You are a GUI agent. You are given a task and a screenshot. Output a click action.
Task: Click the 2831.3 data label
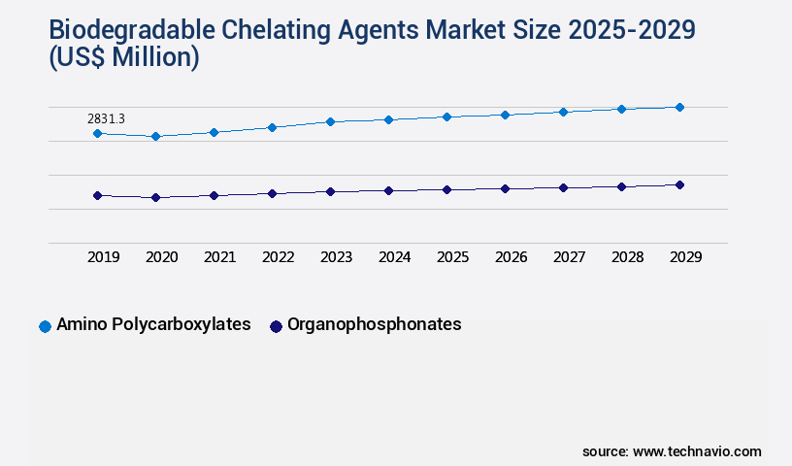(x=106, y=118)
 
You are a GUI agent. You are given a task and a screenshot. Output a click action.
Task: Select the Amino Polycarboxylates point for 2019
(x=97, y=133)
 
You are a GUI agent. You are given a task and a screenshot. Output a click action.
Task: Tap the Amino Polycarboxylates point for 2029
(x=679, y=107)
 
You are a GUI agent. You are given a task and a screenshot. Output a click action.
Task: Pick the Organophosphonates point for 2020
(x=155, y=197)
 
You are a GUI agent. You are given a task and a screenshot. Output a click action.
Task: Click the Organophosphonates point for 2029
(x=679, y=184)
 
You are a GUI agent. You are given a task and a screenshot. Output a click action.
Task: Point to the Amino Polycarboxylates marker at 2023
(x=330, y=121)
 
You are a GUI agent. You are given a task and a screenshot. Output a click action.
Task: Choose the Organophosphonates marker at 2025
(x=446, y=189)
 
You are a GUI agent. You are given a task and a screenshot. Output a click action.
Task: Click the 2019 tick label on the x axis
(x=103, y=257)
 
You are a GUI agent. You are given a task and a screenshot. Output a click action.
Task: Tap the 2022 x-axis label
(x=278, y=257)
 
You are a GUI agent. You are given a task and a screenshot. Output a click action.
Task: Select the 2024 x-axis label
(x=394, y=257)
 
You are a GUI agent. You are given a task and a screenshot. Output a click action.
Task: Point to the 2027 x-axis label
(x=569, y=257)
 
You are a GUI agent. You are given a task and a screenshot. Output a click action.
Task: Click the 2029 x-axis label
(x=685, y=257)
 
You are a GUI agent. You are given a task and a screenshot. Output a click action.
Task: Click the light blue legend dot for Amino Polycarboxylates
(x=45, y=326)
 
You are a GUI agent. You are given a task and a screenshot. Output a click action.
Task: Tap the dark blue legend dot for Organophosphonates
(x=276, y=326)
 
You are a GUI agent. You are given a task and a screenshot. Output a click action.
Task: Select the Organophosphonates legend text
(x=374, y=324)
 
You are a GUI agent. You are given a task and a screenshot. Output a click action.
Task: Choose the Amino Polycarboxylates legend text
(x=153, y=324)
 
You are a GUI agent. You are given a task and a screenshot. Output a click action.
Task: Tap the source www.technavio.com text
(x=672, y=451)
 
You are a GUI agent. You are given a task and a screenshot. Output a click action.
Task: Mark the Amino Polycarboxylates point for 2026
(x=505, y=115)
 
